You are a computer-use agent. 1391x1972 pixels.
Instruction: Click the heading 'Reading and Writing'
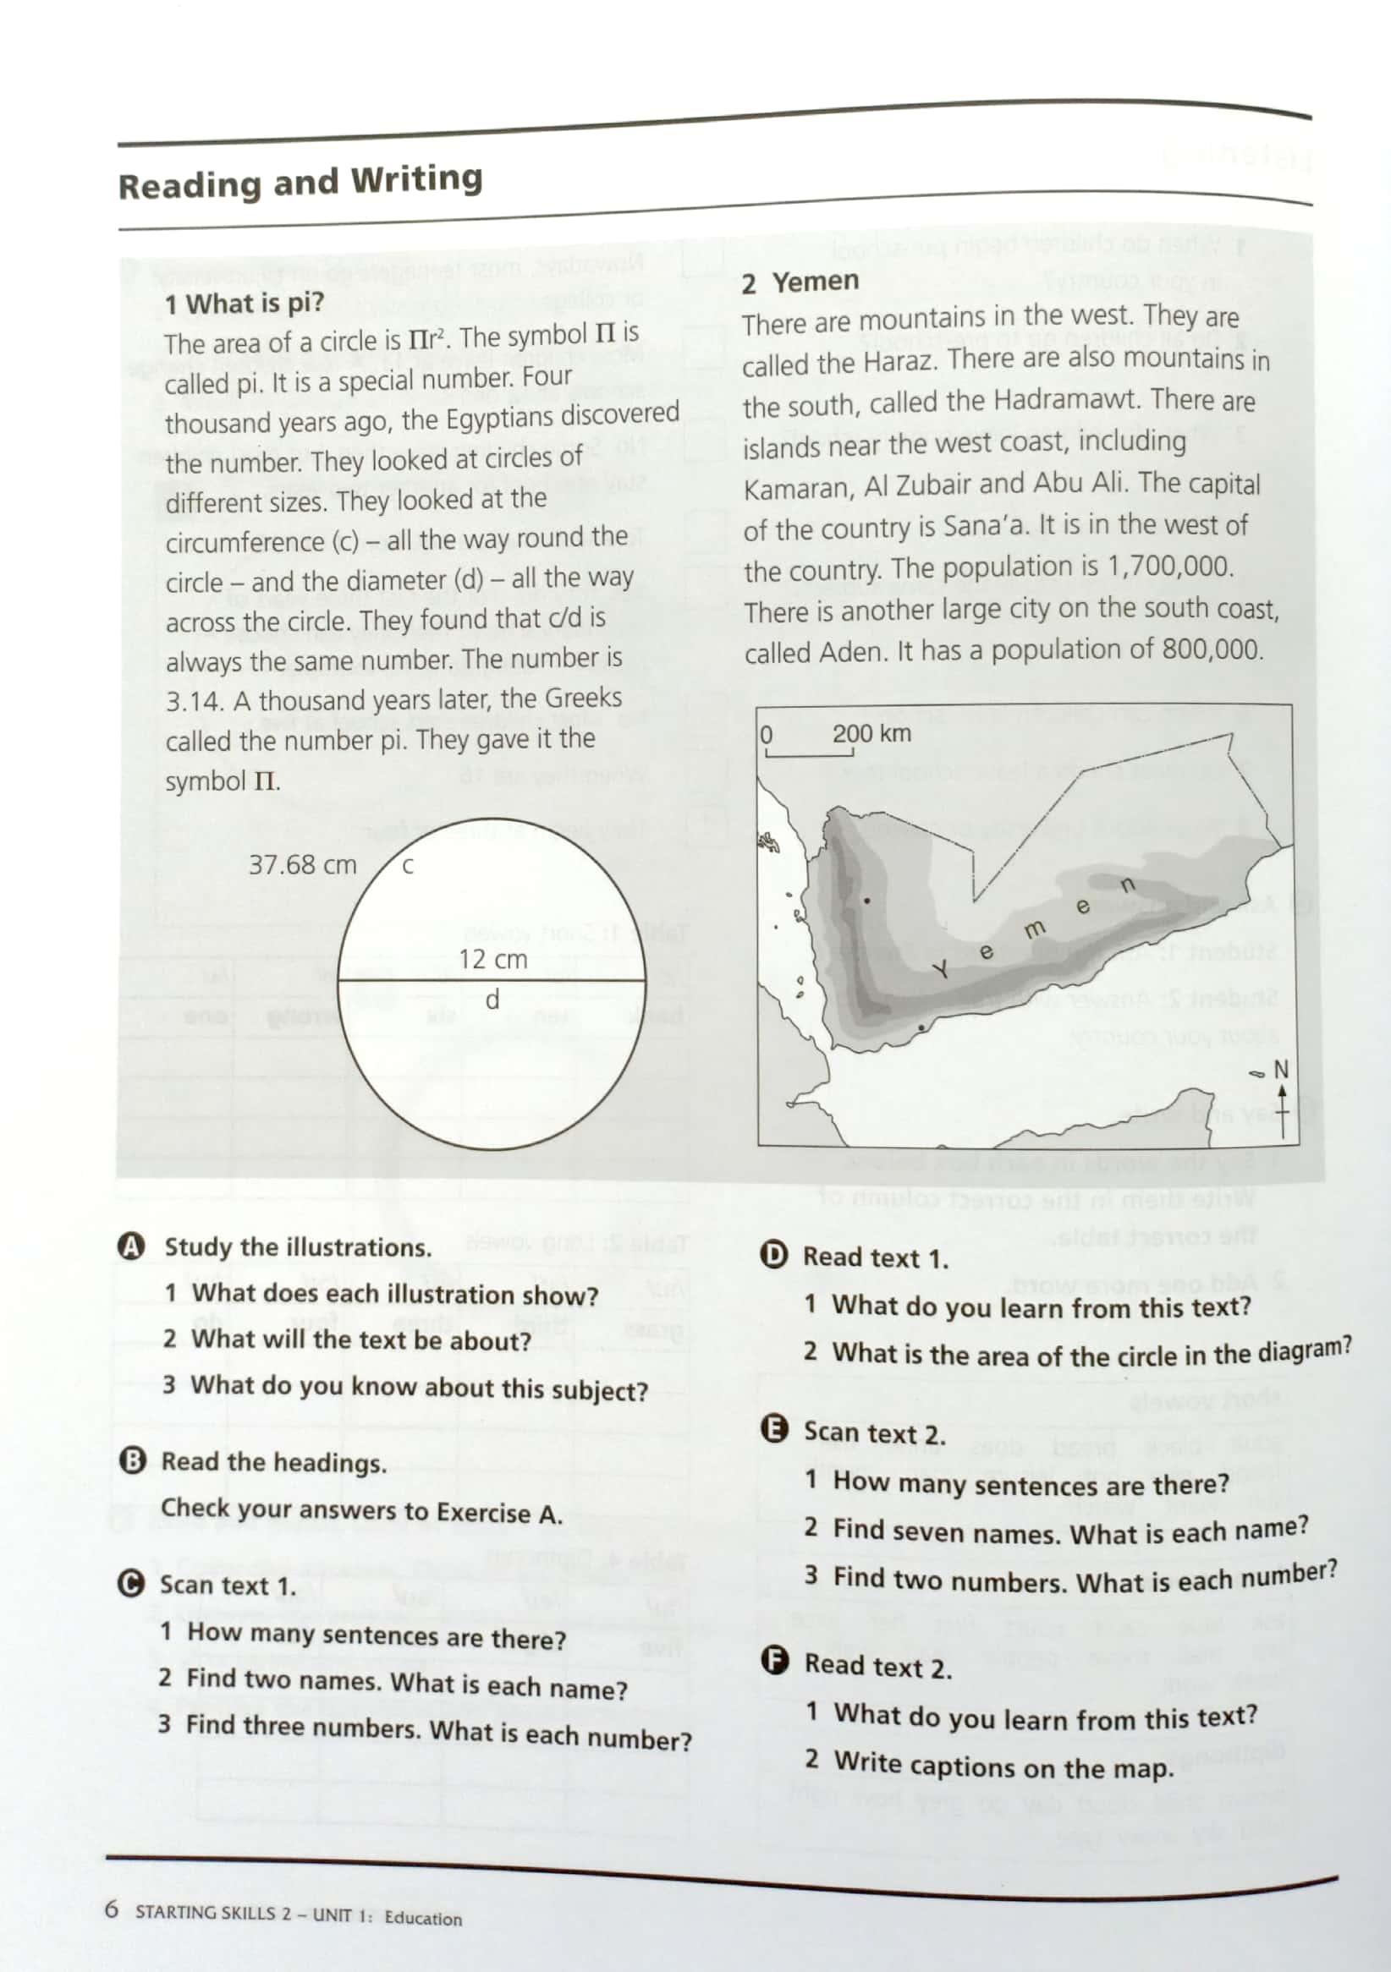coord(300,183)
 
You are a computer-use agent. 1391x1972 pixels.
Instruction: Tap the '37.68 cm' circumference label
coord(302,864)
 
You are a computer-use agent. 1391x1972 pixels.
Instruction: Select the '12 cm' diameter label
coord(492,958)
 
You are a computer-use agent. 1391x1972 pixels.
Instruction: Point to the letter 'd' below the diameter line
coord(492,1000)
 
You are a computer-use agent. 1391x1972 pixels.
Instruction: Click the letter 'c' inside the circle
coord(408,866)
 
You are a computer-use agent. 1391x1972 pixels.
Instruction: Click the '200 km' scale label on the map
coord(871,733)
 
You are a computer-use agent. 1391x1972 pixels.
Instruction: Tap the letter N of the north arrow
coord(1281,1070)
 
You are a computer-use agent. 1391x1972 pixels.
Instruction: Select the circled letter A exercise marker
coord(130,1246)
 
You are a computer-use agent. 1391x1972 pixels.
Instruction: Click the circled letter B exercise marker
coord(132,1461)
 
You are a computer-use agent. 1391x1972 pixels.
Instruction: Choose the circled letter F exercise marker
coord(775,1662)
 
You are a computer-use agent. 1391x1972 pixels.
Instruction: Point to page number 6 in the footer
coord(112,1909)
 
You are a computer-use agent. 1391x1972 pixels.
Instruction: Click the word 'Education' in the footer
coord(423,1918)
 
